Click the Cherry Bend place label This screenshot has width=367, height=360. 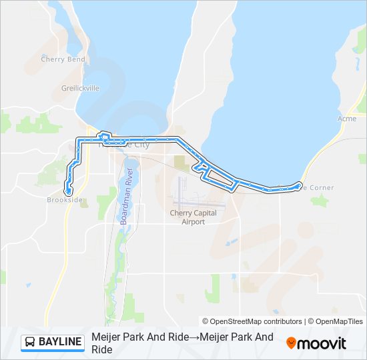[63, 59]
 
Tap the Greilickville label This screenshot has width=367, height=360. [81, 87]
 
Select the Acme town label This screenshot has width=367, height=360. [347, 118]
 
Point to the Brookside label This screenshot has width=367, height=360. [65, 199]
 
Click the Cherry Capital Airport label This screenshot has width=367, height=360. [194, 217]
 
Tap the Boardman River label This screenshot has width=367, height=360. [127, 195]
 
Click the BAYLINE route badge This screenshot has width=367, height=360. [53, 342]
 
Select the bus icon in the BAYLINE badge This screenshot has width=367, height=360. [31, 343]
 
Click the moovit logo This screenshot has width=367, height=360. [316, 343]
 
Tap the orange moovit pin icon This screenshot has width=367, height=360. [291, 343]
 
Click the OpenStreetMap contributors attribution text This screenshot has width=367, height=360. [252, 321]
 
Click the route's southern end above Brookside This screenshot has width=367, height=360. [68, 191]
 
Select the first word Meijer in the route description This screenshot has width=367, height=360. [105, 337]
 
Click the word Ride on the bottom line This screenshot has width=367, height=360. [101, 349]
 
